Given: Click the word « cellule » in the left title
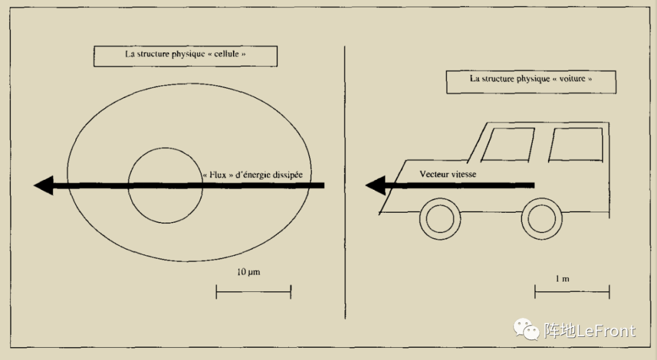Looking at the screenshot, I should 232,54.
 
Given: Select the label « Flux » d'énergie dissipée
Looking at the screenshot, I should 252,175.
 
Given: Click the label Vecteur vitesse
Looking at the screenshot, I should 448,175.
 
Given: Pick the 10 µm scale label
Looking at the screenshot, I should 248,272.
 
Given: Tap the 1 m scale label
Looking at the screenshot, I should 562,279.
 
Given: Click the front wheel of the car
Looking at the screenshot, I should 440,219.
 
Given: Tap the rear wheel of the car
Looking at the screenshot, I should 541,219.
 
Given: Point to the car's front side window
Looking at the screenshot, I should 508,145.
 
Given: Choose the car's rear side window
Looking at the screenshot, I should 575,145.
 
